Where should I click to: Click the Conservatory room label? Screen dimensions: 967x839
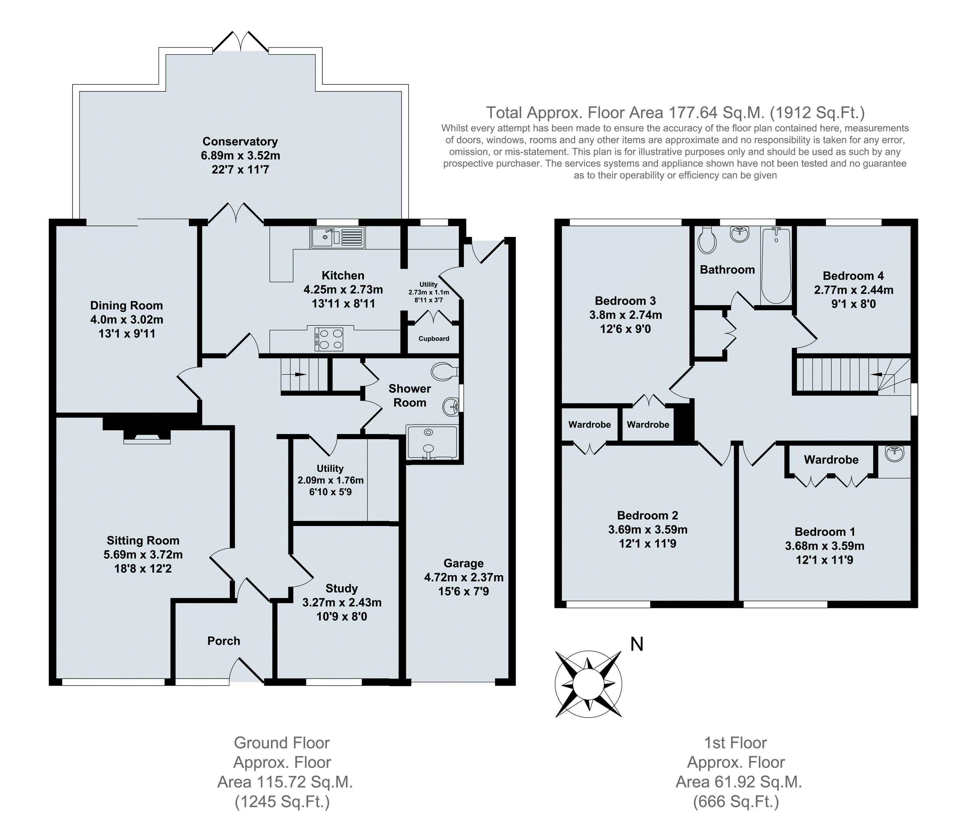click(240, 141)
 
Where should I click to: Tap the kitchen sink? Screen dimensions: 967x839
click(337, 237)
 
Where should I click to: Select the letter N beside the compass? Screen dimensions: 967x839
click(636, 644)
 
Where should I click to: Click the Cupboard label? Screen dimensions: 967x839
click(434, 339)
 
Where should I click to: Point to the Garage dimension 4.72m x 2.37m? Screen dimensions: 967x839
click(464, 577)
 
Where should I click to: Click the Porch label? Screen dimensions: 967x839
click(224, 641)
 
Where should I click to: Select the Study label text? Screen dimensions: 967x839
click(341, 589)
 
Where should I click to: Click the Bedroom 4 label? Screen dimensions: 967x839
click(853, 276)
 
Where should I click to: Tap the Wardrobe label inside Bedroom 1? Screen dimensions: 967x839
click(831, 460)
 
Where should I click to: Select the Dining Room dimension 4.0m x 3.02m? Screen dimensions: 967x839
click(126, 320)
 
